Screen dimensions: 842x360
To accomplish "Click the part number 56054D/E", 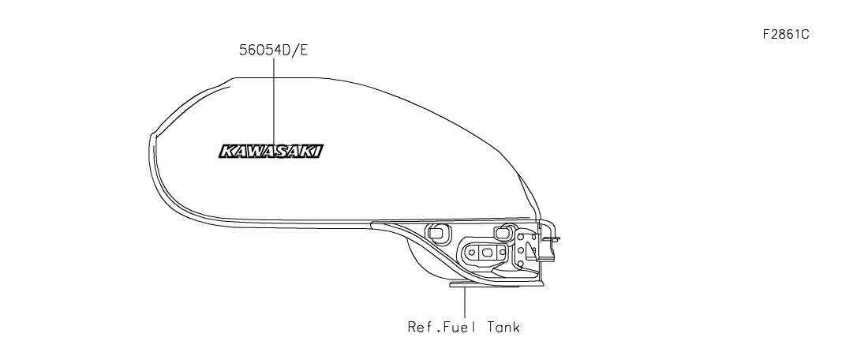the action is (273, 50).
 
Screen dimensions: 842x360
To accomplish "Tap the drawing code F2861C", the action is (786, 35).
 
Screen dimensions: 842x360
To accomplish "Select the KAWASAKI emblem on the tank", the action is (271, 151).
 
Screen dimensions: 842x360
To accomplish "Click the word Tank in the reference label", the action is (503, 327).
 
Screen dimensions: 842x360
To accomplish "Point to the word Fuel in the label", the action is (461, 327).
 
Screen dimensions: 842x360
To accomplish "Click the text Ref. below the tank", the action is (423, 327).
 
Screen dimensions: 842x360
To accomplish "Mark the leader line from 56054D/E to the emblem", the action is (274, 102).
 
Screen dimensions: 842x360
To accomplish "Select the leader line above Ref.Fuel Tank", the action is (465, 302).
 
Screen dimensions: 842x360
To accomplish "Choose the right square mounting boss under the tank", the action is (503, 232).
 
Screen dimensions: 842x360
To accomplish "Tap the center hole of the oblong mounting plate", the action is (487, 252).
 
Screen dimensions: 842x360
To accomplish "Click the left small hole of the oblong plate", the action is (472, 252).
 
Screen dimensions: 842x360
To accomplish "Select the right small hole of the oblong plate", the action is (502, 252).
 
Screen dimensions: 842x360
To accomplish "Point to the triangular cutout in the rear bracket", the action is (530, 249).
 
